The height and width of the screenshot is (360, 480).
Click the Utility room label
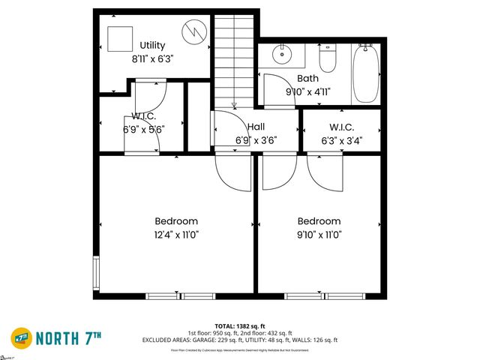[x=152, y=46]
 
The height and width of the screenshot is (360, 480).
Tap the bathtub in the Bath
[x=365, y=73]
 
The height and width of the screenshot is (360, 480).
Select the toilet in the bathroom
[x=328, y=58]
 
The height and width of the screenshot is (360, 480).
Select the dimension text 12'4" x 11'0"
[x=176, y=234]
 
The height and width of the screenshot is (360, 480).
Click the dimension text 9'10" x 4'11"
[x=308, y=91]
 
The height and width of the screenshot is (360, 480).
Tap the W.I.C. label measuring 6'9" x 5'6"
[x=143, y=116]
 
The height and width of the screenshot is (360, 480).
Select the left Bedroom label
[x=176, y=221]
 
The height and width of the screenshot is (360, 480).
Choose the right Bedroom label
[x=319, y=221]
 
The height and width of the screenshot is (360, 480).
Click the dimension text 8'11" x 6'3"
[x=152, y=58]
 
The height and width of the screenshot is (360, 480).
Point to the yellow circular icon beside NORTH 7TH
[x=22, y=336]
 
